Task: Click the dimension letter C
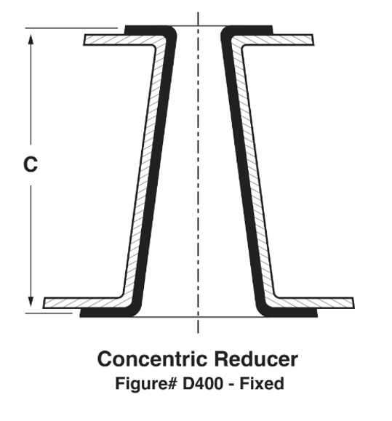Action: tap(31, 164)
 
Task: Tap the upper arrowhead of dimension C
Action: tap(31, 39)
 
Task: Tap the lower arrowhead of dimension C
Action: tap(31, 301)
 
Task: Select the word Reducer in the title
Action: tap(256, 358)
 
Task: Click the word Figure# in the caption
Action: tap(146, 383)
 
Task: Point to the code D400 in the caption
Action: tap(203, 383)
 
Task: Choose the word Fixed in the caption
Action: tap(262, 383)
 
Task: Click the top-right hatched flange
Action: tap(276, 40)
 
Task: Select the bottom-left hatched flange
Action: tap(83, 303)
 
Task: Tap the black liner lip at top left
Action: tap(146, 30)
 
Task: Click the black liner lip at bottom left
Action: tap(108, 313)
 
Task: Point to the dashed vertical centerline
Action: tap(198, 172)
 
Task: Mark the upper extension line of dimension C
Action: tap(71, 28)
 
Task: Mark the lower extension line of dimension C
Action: tap(49, 313)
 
